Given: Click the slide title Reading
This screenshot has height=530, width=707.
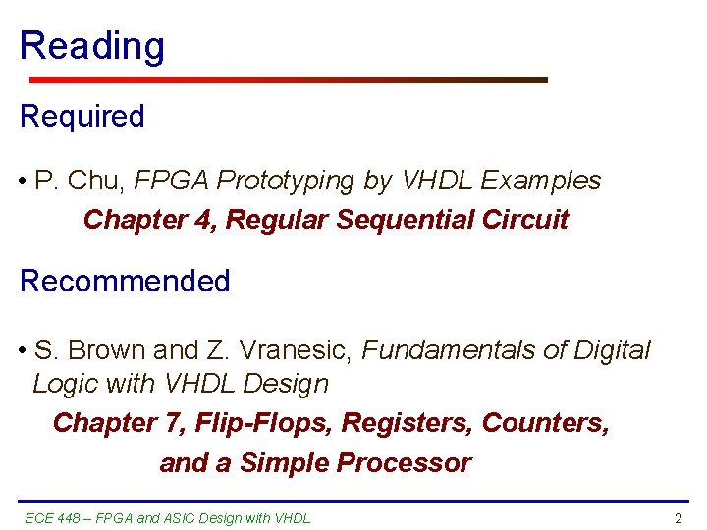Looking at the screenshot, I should coord(92,47).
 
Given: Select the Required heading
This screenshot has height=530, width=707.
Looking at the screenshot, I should coord(82,116).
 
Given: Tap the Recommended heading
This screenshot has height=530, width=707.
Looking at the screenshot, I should coord(125,281).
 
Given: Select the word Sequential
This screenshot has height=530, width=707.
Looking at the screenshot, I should coord(405,219).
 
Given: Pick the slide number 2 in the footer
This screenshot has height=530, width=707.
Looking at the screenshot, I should coord(678,518).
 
